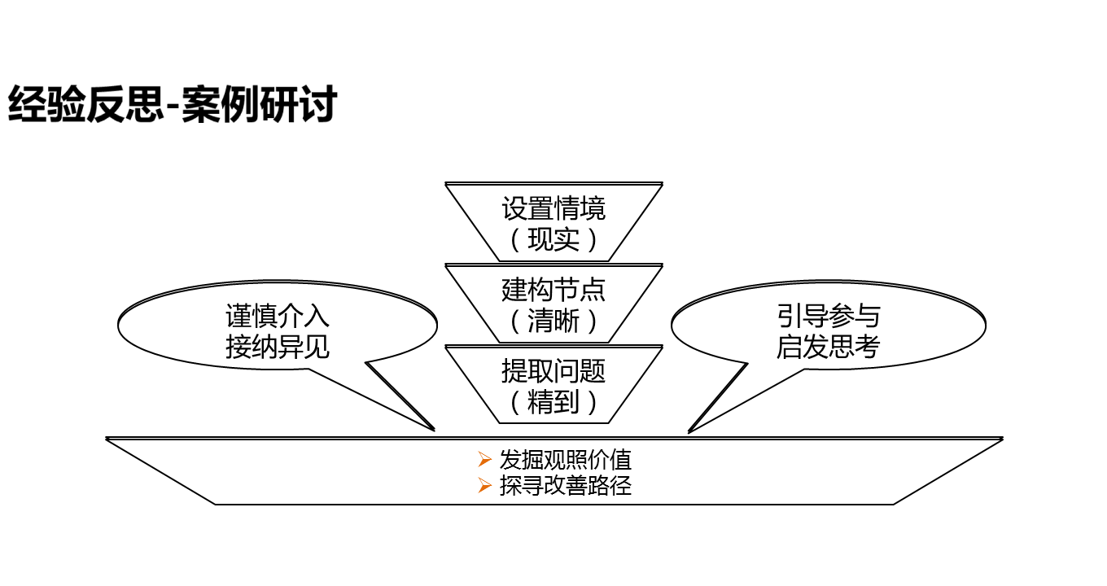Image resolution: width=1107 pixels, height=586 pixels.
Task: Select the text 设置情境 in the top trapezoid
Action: (553, 208)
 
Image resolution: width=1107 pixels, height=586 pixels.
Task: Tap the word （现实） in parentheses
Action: (553, 239)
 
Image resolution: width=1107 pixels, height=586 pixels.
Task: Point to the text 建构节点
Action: (553, 290)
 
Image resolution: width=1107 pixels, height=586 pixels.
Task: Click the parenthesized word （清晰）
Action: (553, 321)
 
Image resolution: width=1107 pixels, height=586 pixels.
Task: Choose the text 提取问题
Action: (553, 371)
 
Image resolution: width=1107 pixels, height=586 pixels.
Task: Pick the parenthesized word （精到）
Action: (553, 402)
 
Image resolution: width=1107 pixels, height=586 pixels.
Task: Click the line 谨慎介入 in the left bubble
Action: (278, 317)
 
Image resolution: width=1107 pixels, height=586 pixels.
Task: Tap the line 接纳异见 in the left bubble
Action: (278, 348)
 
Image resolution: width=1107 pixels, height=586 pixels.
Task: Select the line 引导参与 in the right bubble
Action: (829, 317)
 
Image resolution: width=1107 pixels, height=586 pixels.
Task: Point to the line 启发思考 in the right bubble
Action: (829, 348)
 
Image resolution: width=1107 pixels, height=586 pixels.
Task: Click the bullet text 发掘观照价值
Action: (565, 460)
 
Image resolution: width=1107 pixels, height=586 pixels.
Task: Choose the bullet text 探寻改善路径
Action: (565, 486)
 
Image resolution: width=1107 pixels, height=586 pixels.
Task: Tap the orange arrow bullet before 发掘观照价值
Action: (485, 460)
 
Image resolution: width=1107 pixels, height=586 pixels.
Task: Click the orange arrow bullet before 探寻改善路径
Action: (485, 486)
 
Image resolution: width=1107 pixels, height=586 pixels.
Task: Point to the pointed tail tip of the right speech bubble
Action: (689, 431)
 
